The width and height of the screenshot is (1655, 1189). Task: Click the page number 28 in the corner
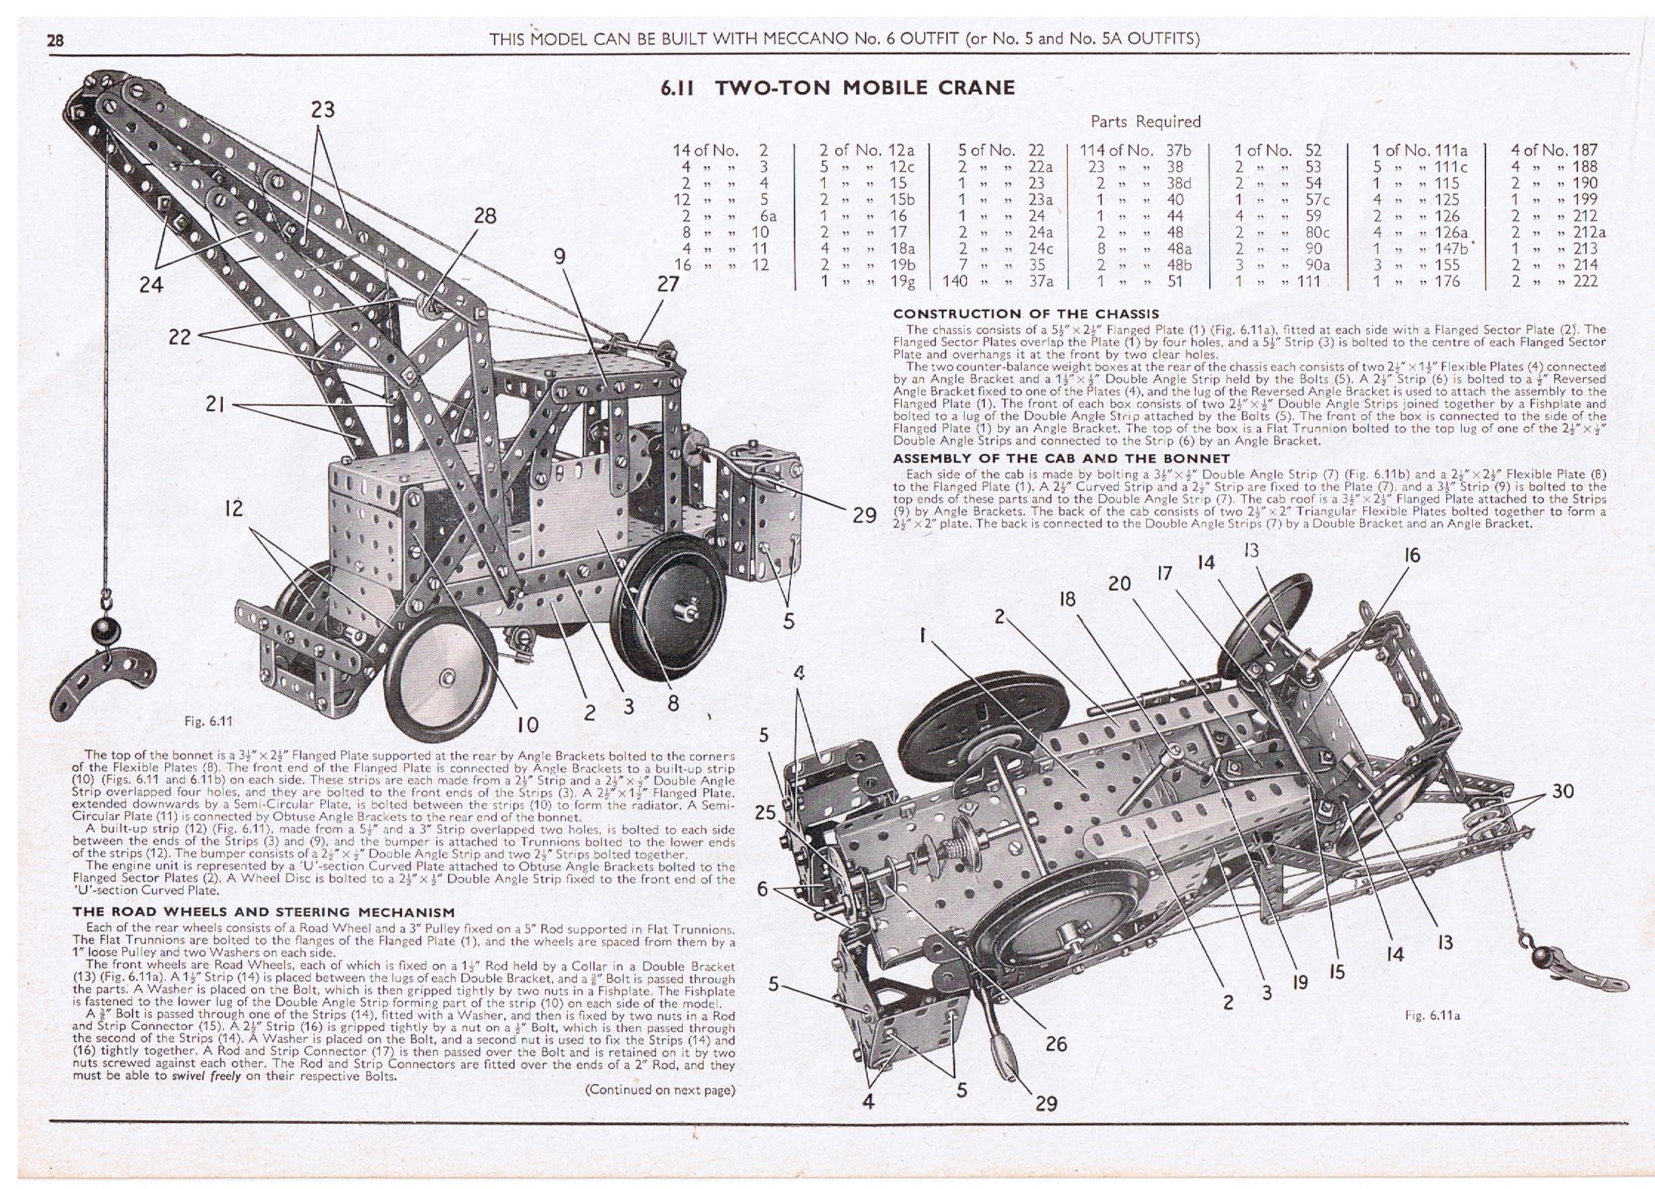coord(56,40)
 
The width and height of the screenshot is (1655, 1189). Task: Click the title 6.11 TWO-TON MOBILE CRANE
coord(837,88)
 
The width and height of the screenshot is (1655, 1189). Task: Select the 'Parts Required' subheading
coord(1146,121)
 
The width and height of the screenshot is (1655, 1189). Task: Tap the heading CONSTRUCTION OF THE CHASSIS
coord(1026,314)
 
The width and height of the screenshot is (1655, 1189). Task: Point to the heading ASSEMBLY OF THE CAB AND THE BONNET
coord(1061,459)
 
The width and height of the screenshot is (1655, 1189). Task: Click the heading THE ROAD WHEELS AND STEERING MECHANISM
coord(263,912)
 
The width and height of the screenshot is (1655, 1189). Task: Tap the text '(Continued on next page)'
coord(660,1089)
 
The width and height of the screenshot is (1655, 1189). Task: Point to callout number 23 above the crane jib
coord(322,110)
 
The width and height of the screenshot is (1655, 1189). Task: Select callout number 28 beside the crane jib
coord(485,216)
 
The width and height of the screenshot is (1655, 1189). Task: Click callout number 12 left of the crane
coord(233,508)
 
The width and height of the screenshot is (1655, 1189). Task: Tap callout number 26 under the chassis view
coord(1055,1044)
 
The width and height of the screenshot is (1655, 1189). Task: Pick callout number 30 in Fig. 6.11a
coord(1562,791)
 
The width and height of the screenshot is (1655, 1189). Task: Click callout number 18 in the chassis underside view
coord(1066,599)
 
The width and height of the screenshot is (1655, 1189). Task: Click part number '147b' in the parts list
coord(1451,249)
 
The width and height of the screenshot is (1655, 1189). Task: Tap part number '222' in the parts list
coord(1586,282)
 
